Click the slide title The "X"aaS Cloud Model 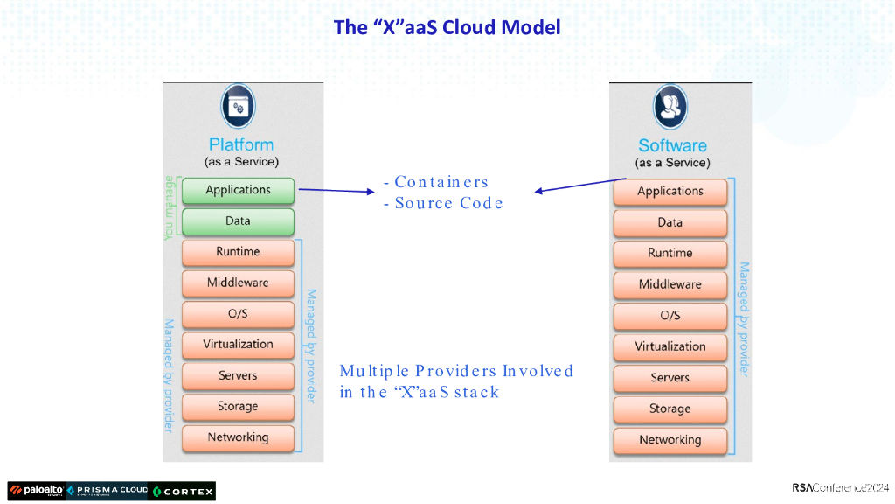(x=447, y=27)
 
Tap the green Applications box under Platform (x=238, y=190)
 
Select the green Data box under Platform (x=238, y=221)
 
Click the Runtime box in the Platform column (x=238, y=252)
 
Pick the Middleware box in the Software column (x=670, y=284)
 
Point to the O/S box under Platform (x=238, y=314)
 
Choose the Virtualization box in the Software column (x=670, y=346)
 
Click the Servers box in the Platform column (x=238, y=376)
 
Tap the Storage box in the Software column (x=670, y=409)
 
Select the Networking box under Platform (x=238, y=437)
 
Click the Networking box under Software (x=670, y=441)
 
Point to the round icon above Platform (x=238, y=106)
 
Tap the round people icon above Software (x=670, y=107)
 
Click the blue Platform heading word (x=241, y=144)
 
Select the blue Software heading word (x=672, y=146)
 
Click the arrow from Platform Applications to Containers (x=336, y=190)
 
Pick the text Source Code (x=448, y=203)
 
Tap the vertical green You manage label (x=169, y=208)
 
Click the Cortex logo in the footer (x=183, y=492)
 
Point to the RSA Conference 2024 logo (x=840, y=488)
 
